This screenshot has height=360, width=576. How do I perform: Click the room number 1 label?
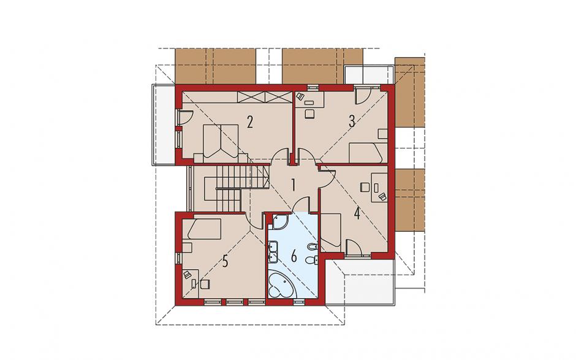293,185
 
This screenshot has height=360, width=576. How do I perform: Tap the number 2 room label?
250,121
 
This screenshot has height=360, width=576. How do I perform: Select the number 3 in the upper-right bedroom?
352,121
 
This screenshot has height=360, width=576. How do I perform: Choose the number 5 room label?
225,261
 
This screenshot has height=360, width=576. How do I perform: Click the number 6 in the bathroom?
294,256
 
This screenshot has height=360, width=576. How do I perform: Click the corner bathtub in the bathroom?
282,284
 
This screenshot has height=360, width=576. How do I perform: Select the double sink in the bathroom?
273,251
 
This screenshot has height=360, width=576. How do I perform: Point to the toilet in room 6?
311,260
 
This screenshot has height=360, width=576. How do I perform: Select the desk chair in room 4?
364,187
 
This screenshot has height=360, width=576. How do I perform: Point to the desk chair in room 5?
204,285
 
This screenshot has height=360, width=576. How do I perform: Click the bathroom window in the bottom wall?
299,302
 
